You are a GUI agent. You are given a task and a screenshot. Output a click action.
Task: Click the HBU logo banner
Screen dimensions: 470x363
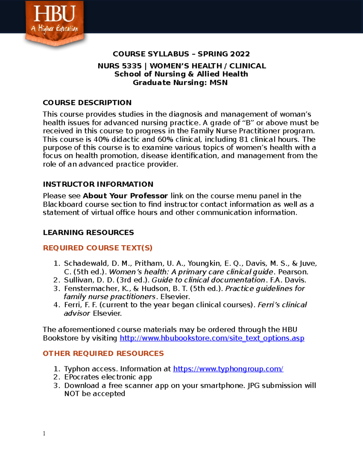point(54,23)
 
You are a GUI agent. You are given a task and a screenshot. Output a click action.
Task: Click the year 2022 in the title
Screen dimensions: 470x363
point(240,54)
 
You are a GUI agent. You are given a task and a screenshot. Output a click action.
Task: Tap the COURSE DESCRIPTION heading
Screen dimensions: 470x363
point(87,103)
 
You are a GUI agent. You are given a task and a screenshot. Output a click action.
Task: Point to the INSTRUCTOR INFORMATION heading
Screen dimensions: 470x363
point(98,184)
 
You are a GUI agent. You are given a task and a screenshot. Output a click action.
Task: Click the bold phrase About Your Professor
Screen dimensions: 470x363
point(125,196)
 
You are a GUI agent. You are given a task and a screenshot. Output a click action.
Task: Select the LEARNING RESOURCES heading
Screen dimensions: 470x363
point(88,232)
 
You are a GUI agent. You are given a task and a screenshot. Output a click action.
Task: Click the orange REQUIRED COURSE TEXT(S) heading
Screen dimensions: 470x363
point(97,248)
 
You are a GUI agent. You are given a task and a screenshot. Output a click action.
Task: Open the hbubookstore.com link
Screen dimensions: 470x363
point(212,338)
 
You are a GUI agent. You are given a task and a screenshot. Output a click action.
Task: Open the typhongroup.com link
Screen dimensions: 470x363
point(228,369)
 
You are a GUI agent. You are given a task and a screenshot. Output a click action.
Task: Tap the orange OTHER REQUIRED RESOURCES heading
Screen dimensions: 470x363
point(103,353)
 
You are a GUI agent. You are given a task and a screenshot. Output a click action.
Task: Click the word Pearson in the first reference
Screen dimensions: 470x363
point(292,272)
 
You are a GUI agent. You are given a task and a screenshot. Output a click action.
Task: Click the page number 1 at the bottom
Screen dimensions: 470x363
point(44,433)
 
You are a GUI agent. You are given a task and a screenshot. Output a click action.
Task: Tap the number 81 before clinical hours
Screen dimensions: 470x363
point(244,140)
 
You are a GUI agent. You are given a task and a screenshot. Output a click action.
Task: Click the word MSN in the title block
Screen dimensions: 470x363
point(218,83)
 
